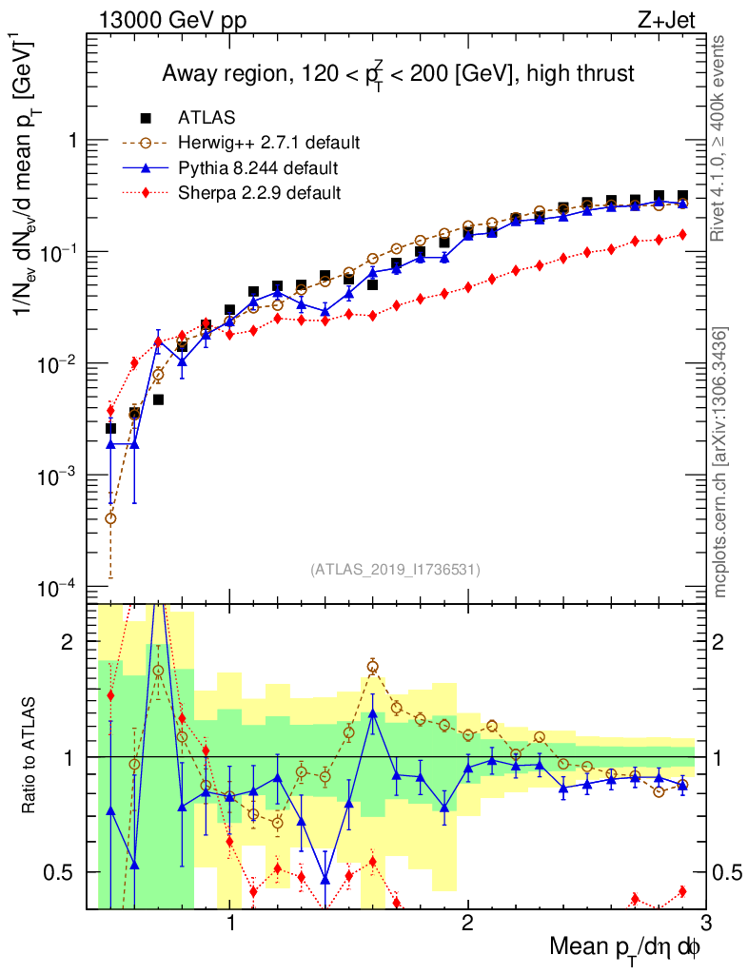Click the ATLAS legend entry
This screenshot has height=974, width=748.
click(x=207, y=118)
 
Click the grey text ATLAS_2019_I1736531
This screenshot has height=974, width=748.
click(x=395, y=570)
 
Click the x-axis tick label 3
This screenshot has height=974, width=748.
click(x=705, y=923)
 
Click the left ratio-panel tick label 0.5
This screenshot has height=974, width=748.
click(x=66, y=872)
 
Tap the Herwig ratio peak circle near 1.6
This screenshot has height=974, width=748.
click(x=373, y=667)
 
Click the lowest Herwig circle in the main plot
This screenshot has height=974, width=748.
click(x=110, y=518)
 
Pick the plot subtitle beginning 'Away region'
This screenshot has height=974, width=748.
click(x=398, y=73)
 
